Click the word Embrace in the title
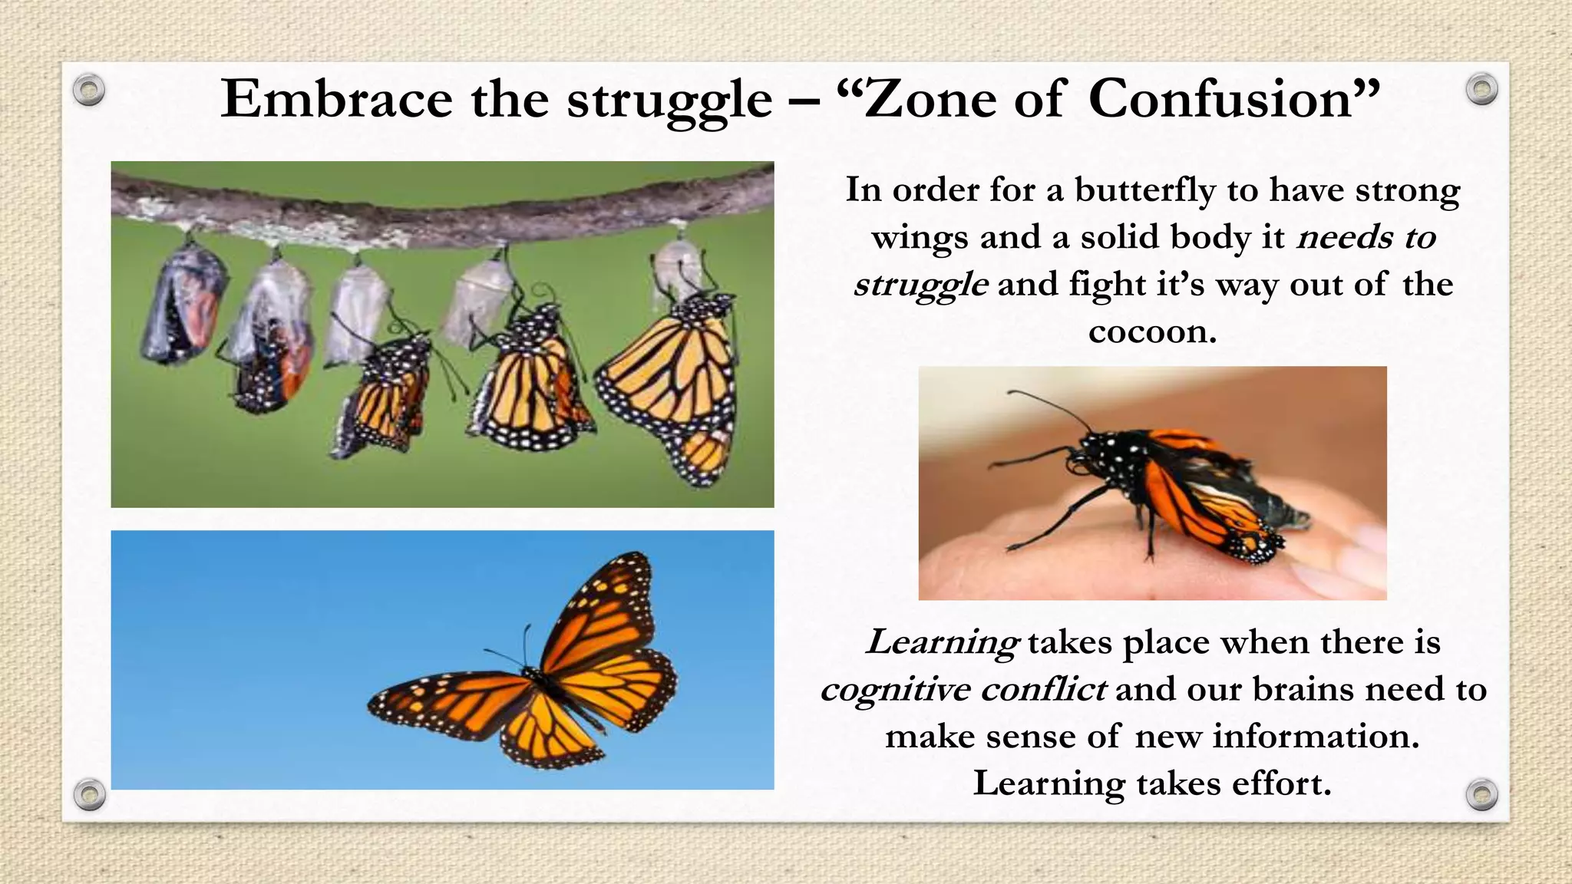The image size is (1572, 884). point(336,100)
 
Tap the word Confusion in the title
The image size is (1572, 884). point(1220,100)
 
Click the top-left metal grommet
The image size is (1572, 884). point(89,91)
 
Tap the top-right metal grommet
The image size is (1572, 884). point(1481,90)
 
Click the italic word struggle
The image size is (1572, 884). point(920,285)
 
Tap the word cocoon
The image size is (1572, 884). point(1152,331)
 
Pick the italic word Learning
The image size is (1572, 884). point(942,642)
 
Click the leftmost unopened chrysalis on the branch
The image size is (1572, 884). point(184,307)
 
